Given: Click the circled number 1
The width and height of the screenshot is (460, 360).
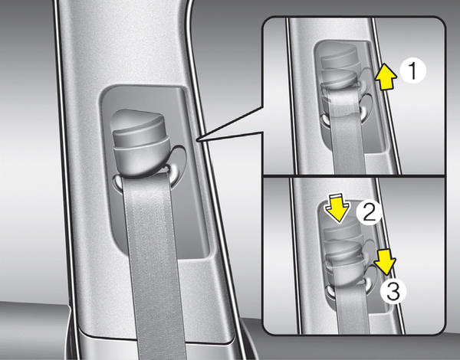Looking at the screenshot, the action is click(x=412, y=71).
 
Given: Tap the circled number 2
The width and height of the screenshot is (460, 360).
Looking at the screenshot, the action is click(x=369, y=212).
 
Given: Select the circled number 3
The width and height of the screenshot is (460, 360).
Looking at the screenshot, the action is click(x=393, y=291).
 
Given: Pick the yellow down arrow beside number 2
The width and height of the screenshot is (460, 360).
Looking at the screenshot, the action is click(x=337, y=208).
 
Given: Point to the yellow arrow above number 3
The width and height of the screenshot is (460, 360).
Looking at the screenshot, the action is click(x=385, y=262).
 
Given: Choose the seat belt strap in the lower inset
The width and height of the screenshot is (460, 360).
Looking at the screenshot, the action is click(x=353, y=308).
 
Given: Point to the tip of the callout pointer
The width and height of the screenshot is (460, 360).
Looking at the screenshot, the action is click(x=198, y=140).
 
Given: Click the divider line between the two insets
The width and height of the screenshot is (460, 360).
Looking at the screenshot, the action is click(x=354, y=176).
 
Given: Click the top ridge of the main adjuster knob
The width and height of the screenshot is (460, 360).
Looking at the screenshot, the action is click(x=137, y=120).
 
